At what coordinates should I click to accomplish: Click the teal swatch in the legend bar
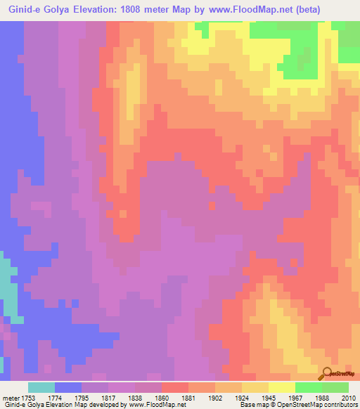tap(41, 387)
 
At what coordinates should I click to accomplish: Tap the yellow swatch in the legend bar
tap(281, 387)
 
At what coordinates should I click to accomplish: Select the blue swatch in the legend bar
tap(67, 387)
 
